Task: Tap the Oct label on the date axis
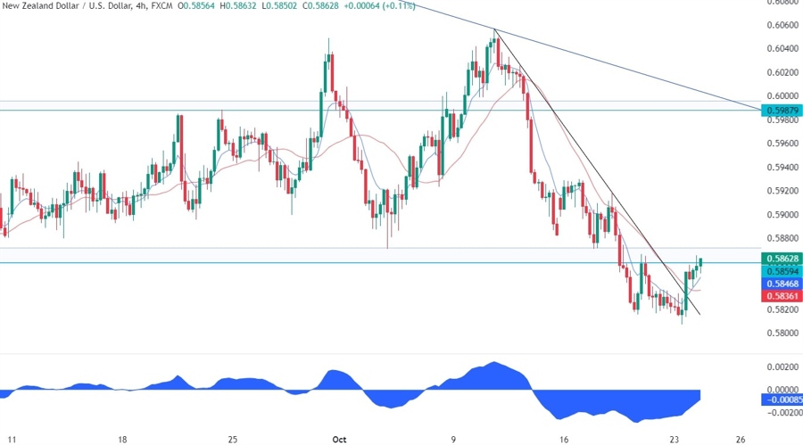click(339, 439)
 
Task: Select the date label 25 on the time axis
click(232, 439)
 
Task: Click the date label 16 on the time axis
click(564, 439)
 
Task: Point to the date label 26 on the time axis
click(741, 439)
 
